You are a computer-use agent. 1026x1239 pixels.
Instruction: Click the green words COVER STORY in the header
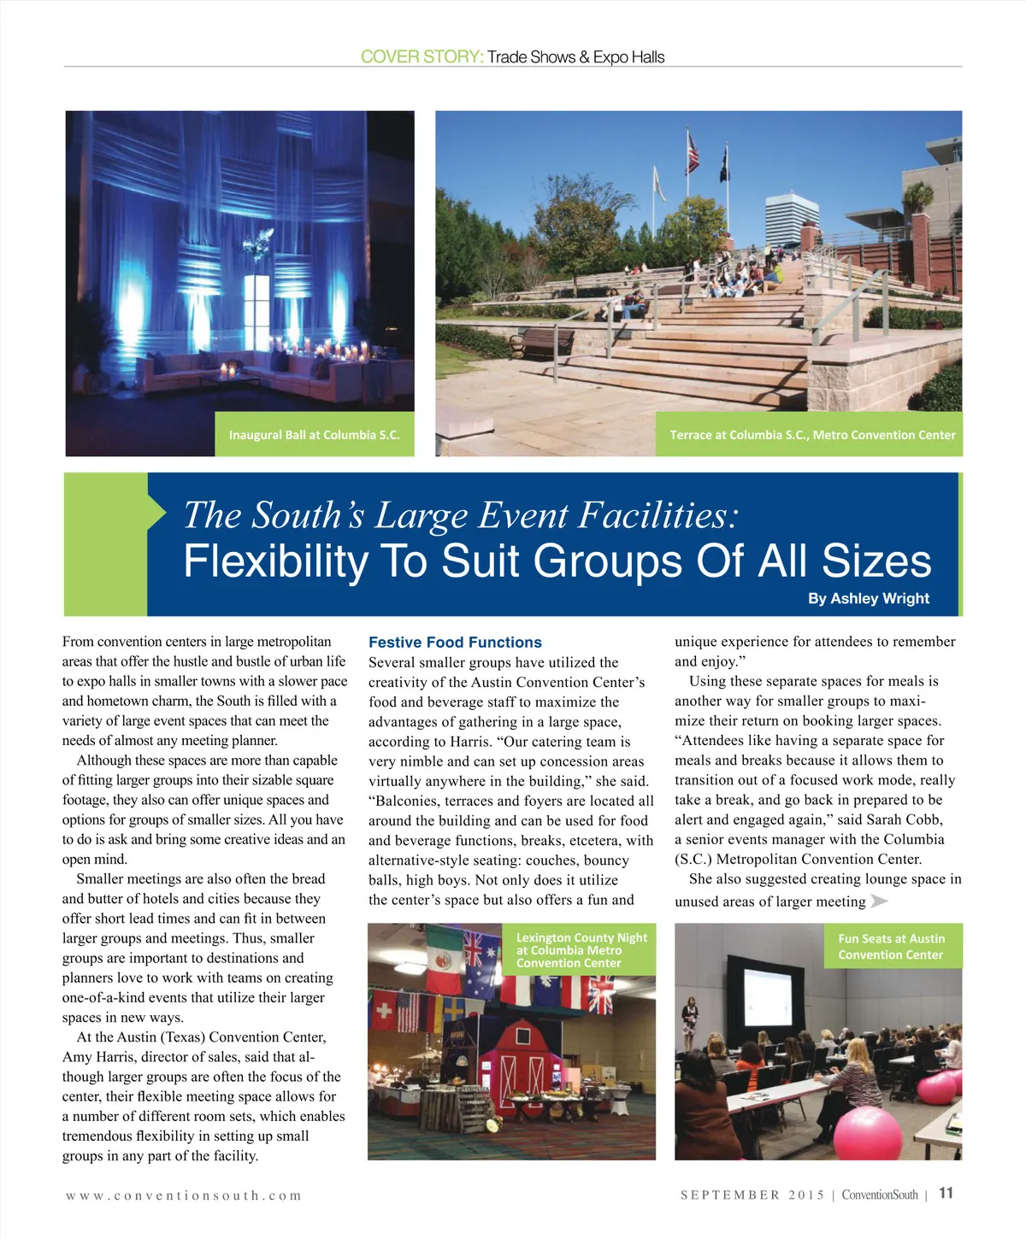click(x=422, y=57)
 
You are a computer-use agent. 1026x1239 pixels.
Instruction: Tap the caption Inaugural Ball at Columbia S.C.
click(x=314, y=435)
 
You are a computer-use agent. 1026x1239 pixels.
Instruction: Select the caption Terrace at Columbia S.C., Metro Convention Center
click(x=812, y=435)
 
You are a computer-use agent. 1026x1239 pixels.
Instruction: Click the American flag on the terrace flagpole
click(x=693, y=154)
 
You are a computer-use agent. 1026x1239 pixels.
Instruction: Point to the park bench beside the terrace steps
click(x=546, y=341)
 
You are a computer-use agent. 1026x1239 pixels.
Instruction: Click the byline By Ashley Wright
click(x=868, y=599)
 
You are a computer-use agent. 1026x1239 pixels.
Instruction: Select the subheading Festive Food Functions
click(x=455, y=643)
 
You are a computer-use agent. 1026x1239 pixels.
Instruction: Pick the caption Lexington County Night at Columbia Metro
click(x=581, y=949)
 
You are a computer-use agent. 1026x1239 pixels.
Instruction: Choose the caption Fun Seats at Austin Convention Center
click(x=891, y=947)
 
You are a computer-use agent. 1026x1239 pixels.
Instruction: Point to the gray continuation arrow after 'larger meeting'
click(x=879, y=901)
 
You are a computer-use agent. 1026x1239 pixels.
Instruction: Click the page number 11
click(x=946, y=1194)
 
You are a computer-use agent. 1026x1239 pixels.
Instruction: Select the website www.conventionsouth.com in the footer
click(x=184, y=1195)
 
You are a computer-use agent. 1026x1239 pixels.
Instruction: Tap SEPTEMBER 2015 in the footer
click(x=752, y=1195)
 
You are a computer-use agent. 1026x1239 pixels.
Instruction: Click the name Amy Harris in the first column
click(x=96, y=1057)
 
